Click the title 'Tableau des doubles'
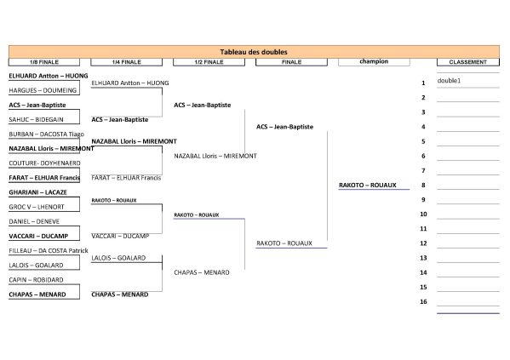(x=254, y=52)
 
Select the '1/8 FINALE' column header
(x=44, y=62)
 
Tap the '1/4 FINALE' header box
(x=127, y=62)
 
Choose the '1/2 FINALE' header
(x=209, y=62)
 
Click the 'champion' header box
(x=374, y=62)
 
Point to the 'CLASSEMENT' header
(x=468, y=62)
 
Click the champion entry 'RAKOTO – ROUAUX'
(x=368, y=185)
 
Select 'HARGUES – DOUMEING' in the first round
(x=43, y=90)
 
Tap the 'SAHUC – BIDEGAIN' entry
(x=36, y=119)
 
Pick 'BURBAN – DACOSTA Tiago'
(x=47, y=134)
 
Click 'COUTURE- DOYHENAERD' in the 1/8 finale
(x=44, y=163)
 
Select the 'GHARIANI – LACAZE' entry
(x=37, y=192)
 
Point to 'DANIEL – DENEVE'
(x=34, y=221)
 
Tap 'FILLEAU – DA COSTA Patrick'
(x=49, y=250)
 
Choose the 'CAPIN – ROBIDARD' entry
(x=36, y=280)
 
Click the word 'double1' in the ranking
(x=449, y=81)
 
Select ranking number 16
(x=423, y=302)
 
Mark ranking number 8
(x=423, y=185)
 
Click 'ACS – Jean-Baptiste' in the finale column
(x=284, y=127)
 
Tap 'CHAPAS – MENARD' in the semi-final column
(x=202, y=272)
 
